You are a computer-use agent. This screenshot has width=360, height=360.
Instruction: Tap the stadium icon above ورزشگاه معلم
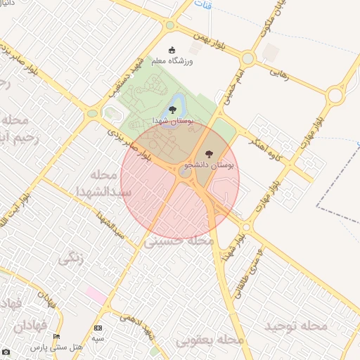tap(173, 50)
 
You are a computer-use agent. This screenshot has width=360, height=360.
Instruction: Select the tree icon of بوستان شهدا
tap(172, 110)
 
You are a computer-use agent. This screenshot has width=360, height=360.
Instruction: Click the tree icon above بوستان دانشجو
tap(209, 153)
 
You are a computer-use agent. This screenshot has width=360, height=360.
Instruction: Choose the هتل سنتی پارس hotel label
tap(56, 347)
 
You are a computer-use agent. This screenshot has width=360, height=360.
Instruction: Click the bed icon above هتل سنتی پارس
tap(56, 337)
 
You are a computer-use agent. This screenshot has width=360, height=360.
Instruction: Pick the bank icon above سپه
tap(98, 328)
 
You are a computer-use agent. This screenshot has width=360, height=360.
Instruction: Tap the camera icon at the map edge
tap(6, 351)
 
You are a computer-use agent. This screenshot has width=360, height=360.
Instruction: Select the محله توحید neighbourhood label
tap(296, 326)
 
